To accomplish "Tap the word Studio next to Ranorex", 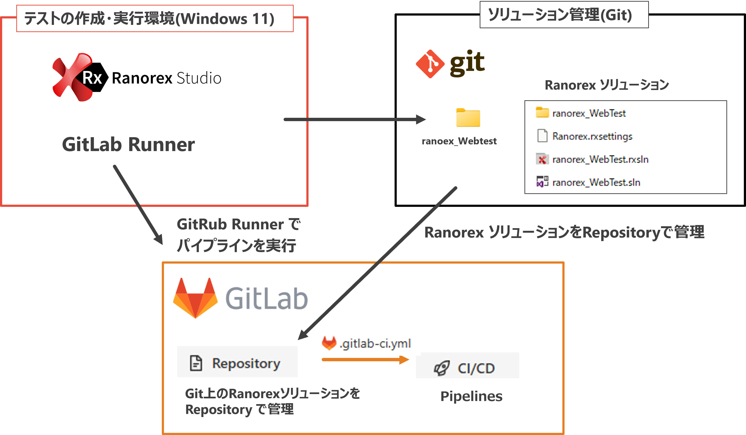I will [199, 78].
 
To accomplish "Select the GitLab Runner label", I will [128, 145].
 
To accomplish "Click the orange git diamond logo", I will [430, 64].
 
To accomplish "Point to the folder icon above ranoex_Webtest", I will [468, 118].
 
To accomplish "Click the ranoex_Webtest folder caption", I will [459, 141].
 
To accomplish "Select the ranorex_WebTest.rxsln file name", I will [600, 159].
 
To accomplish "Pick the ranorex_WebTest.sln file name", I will [596, 182].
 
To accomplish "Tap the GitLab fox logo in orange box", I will [195, 298].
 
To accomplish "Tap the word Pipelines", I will [471, 396].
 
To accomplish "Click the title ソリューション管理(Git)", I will [560, 15].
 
